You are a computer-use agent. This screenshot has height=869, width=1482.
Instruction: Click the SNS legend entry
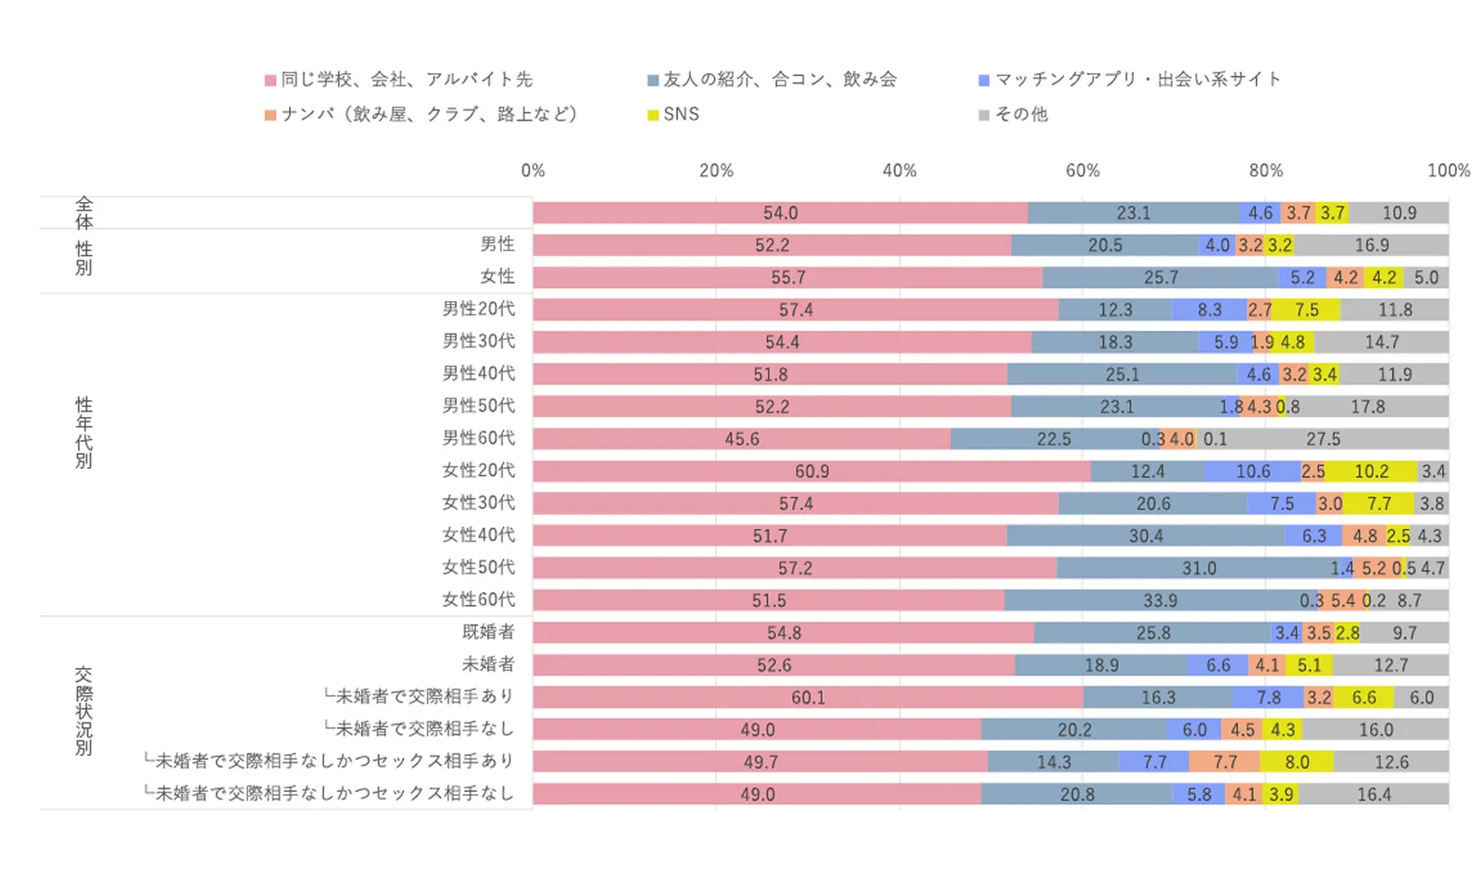tap(673, 114)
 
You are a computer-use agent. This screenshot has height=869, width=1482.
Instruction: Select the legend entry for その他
tap(1013, 114)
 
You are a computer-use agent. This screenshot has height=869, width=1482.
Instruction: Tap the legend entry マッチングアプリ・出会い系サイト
tap(1130, 80)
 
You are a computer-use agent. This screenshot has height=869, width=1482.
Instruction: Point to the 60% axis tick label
tap(1082, 170)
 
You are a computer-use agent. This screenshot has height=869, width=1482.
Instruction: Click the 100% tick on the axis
tap(1448, 170)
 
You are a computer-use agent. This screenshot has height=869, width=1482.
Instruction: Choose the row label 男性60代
tap(478, 437)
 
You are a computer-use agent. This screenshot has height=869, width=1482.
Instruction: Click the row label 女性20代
tap(478, 470)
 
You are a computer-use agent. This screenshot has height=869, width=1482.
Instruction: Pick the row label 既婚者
tap(488, 632)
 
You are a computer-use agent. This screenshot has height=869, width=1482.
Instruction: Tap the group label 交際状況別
tap(83, 712)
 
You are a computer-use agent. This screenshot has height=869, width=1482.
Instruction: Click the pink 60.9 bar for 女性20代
tap(811, 472)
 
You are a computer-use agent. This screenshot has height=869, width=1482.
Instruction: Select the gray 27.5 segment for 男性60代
tap(1323, 439)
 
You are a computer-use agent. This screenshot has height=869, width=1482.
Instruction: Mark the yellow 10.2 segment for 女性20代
tap(1371, 472)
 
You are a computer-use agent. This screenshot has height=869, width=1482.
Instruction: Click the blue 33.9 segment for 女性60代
tap(1160, 600)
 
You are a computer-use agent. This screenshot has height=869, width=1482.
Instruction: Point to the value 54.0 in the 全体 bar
tap(780, 213)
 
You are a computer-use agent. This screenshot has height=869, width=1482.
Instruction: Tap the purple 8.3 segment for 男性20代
tap(1209, 309)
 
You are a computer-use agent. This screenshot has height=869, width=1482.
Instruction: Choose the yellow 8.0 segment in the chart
tap(1297, 762)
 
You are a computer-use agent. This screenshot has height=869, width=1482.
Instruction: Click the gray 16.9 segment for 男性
tap(1371, 246)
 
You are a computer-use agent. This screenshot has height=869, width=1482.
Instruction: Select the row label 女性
tap(496, 276)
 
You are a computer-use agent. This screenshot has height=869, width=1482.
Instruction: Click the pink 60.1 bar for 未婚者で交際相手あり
tap(808, 698)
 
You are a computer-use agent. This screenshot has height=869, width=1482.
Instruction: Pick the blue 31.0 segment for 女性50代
tap(1199, 568)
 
